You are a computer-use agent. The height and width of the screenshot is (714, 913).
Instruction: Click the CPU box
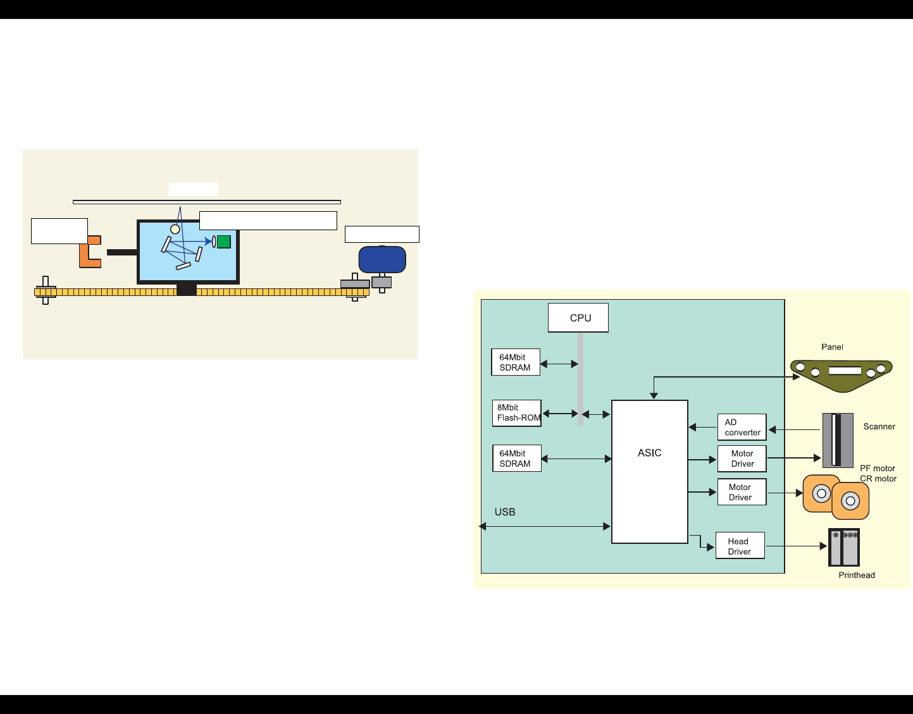point(578,317)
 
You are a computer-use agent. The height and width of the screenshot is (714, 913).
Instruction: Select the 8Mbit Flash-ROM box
point(517,413)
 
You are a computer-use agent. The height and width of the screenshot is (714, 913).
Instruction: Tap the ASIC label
point(649,453)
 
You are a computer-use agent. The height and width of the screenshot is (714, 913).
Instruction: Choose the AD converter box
point(742,427)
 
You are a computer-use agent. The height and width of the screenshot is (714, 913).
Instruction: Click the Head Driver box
point(740,546)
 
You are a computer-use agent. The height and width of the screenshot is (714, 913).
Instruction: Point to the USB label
point(505,512)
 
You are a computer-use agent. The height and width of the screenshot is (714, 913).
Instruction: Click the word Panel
point(832,347)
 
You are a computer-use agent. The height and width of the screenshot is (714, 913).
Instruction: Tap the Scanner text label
point(879,426)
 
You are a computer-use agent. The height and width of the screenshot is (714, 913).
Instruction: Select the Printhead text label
point(857,575)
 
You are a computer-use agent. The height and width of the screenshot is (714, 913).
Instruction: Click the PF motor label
point(877,469)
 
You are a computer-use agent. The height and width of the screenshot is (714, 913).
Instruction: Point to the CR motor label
point(878,479)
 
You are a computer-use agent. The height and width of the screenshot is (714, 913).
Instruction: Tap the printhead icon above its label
point(844,547)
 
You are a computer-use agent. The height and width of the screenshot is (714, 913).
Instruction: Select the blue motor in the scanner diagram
point(382,259)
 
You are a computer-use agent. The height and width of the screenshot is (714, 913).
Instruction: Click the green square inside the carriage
point(224,242)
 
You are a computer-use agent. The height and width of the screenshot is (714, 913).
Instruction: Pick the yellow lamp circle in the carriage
point(175,229)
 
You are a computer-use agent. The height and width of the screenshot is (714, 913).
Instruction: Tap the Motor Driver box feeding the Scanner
point(742,459)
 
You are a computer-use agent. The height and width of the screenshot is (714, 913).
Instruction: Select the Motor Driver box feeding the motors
point(742,492)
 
